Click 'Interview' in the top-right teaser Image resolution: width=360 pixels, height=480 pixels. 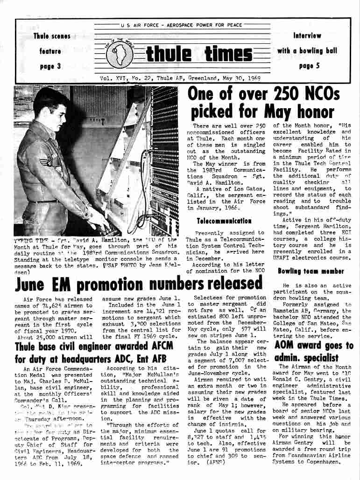[x=307, y=35]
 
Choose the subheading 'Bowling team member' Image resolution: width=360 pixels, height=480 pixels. [x=311, y=271]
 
